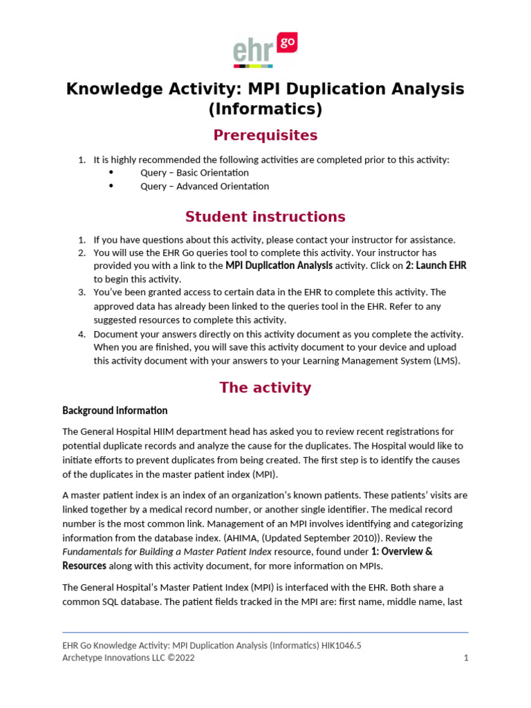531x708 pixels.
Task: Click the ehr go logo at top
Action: [265, 50]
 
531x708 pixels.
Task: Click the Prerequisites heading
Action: [265, 135]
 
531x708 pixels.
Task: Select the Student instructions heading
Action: [265, 216]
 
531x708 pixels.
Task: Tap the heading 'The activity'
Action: [265, 387]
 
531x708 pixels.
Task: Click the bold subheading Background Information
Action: [115, 411]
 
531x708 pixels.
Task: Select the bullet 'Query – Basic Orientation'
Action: [194, 173]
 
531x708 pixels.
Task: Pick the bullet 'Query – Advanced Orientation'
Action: [205, 186]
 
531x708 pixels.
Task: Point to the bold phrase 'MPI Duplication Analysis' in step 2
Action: [279, 265]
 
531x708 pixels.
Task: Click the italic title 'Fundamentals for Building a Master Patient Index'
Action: [167, 552]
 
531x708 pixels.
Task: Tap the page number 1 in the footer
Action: [466, 658]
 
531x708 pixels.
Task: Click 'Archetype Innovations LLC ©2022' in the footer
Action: [129, 658]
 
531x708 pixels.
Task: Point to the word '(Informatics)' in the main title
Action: [265, 109]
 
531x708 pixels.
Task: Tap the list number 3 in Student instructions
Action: [81, 292]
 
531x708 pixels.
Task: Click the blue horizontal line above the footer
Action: [265, 632]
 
